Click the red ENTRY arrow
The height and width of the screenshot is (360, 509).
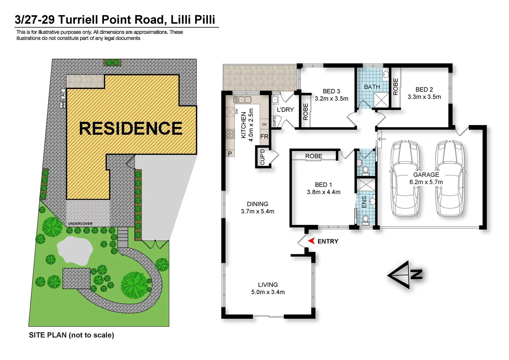click(x=311, y=241)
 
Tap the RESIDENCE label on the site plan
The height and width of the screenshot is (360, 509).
click(x=131, y=128)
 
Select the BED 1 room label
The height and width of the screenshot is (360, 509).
click(x=323, y=185)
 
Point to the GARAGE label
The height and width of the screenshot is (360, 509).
click(x=426, y=175)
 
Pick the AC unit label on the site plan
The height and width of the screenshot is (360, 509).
click(x=63, y=94)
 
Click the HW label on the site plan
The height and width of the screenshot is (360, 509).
click(x=63, y=105)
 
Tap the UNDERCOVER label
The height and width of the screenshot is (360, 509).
click(x=80, y=224)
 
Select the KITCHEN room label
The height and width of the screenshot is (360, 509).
click(x=244, y=125)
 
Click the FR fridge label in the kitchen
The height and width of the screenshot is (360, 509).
click(x=264, y=136)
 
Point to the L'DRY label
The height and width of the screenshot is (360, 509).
click(x=285, y=109)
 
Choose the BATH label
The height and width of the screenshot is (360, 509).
click(x=372, y=87)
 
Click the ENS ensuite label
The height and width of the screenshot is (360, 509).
click(x=364, y=202)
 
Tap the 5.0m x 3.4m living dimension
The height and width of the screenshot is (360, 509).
click(x=268, y=292)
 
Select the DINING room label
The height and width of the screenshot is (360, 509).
click(x=257, y=204)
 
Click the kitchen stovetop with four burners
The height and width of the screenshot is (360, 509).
click(x=230, y=134)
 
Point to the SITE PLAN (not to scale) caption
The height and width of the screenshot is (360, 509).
click(x=71, y=335)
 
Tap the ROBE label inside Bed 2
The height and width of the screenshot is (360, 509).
click(x=396, y=87)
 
